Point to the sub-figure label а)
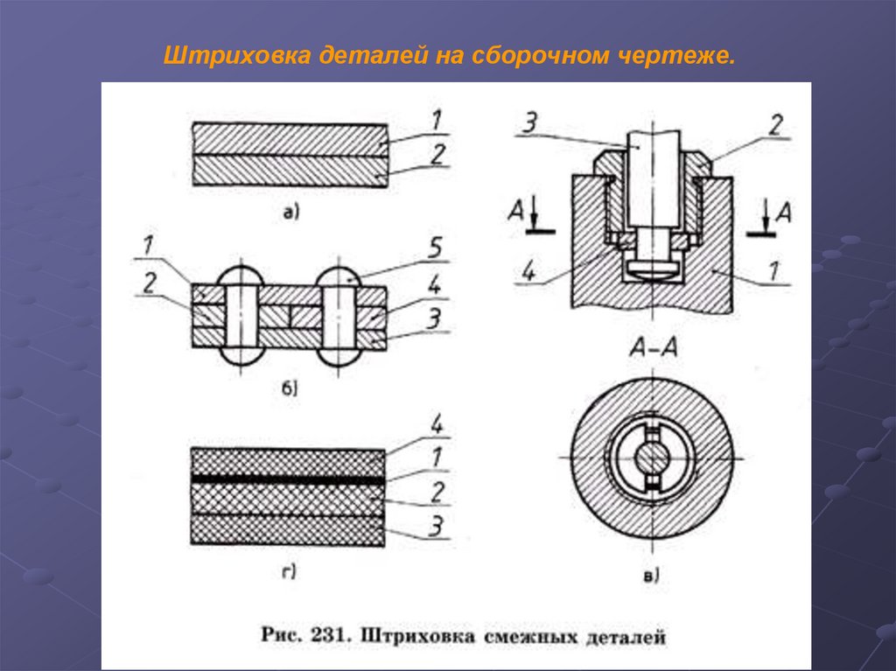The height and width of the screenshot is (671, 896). [290, 211]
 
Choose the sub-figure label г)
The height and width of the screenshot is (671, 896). [289, 572]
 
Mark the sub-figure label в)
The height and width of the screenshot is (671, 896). [652, 575]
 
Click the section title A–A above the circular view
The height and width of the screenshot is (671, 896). [652, 349]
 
